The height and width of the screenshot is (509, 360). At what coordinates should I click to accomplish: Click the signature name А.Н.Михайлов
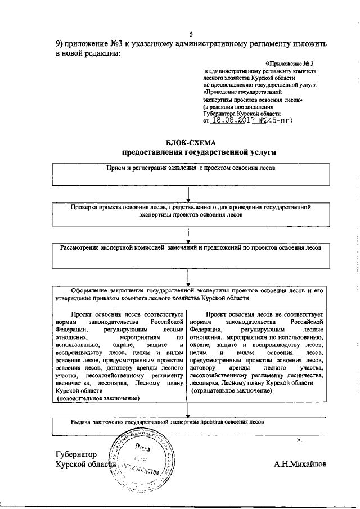(x=300, y=465)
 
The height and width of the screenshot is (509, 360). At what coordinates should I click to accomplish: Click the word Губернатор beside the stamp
(x=76, y=454)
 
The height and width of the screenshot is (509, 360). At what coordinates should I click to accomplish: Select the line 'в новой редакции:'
(x=88, y=54)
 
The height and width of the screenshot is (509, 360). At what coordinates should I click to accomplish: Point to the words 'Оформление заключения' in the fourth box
(x=106, y=290)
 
